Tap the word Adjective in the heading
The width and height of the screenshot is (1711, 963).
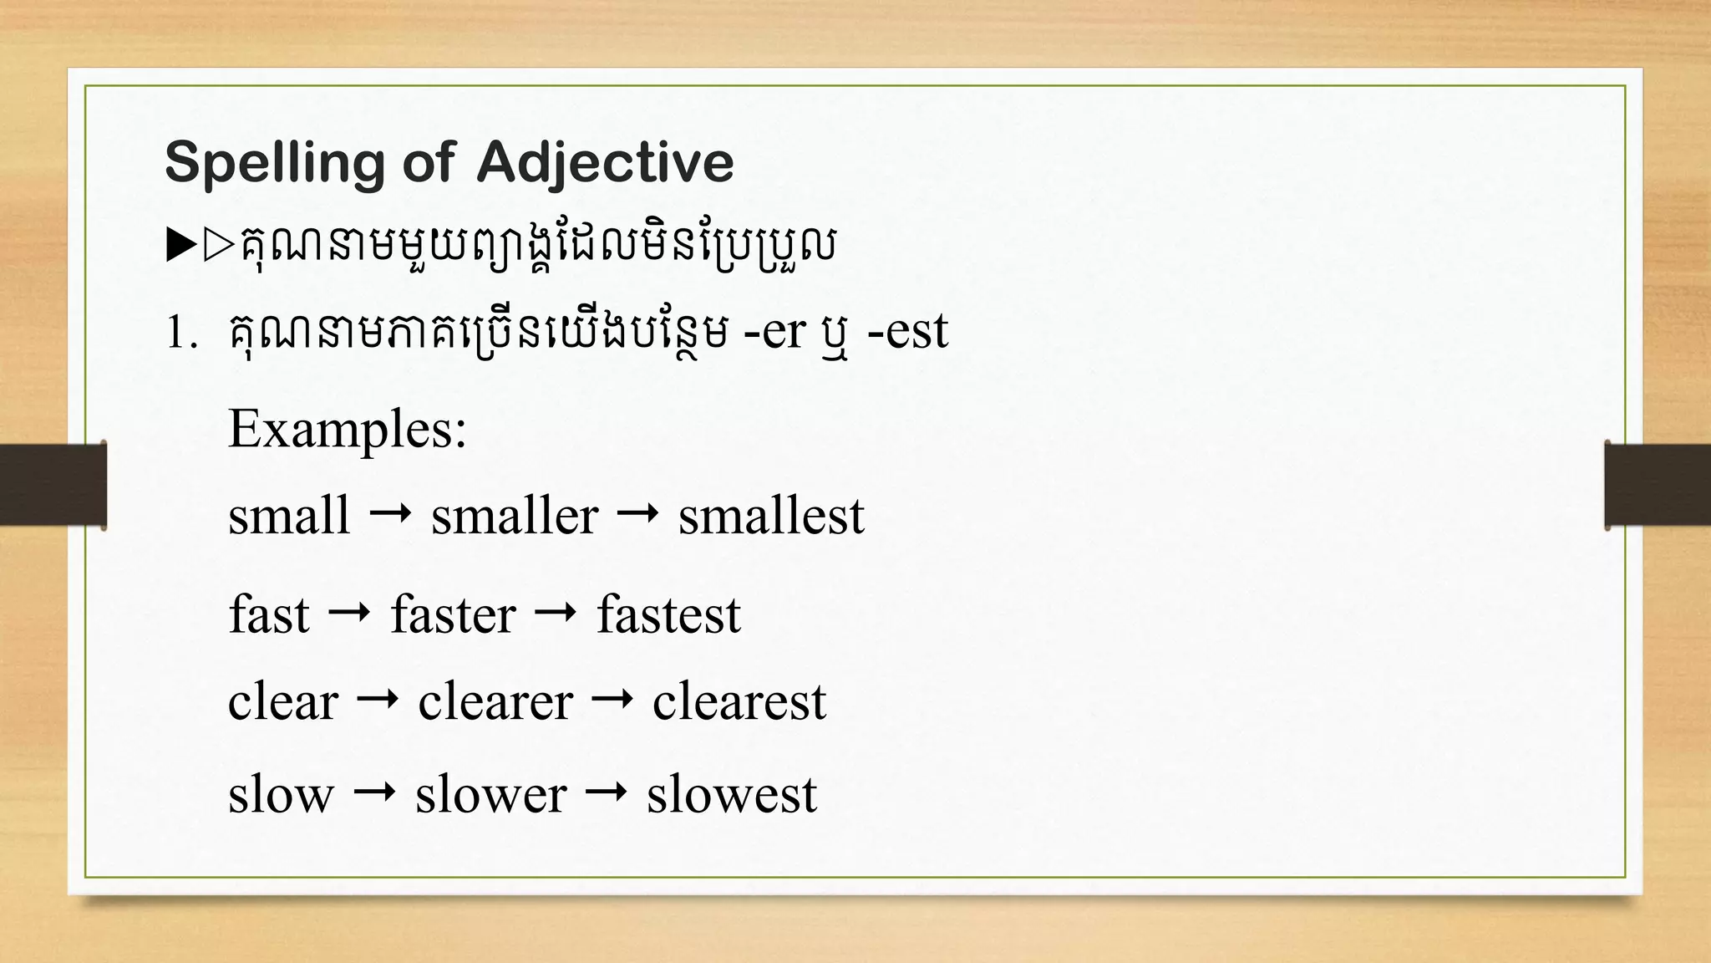605,163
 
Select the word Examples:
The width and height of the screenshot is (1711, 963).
347,429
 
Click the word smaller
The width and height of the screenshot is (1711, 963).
515,516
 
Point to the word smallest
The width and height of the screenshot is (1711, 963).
771,516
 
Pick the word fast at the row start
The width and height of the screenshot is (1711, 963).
269,615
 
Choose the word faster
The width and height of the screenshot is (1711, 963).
453,615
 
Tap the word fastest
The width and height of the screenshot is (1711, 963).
668,615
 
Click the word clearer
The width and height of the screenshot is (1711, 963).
495,701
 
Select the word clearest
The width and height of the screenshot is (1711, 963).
739,701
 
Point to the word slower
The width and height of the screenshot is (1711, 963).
491,794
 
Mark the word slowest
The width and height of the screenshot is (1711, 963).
732,794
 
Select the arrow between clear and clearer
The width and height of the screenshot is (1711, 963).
378,699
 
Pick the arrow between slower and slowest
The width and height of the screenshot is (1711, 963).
607,792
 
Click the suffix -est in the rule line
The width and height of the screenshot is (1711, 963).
908,332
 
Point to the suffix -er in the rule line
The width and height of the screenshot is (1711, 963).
774,332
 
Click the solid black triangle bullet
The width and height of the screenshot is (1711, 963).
180,247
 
